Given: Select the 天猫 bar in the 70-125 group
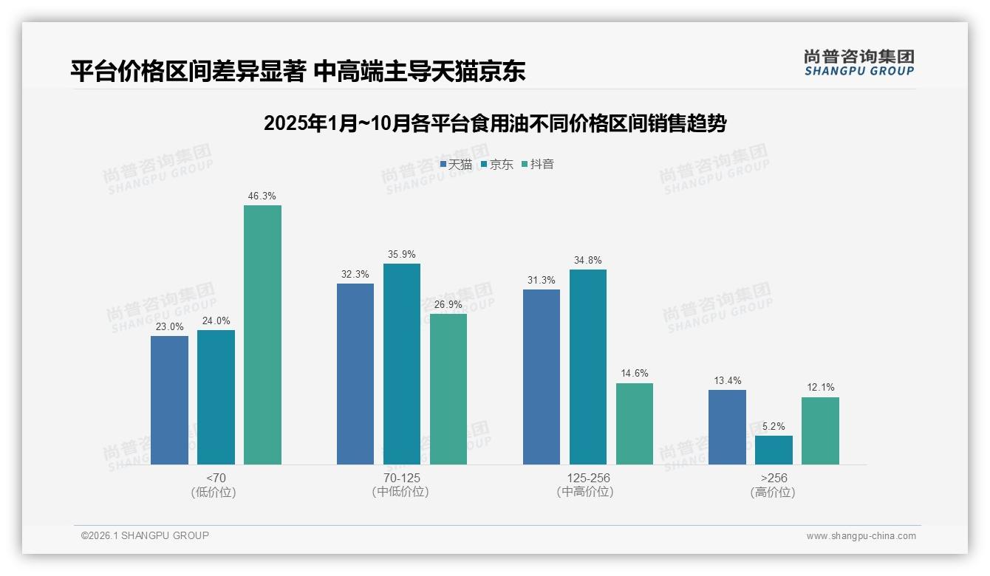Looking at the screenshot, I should [355, 374].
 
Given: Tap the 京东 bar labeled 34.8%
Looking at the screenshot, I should [587, 367].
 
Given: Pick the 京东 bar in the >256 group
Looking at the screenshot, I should [774, 450].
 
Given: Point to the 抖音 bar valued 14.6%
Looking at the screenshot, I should [634, 424].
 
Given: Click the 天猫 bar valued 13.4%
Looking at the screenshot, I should [727, 427].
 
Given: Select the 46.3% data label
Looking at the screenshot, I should [262, 196].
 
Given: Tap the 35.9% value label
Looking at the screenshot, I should [401, 255].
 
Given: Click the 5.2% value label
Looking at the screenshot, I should [774, 427].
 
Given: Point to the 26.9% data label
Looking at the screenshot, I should [448, 305].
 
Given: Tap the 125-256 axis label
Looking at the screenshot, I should [588, 478].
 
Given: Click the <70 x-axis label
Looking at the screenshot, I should [216, 478].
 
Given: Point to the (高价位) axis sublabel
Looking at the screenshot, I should [774, 492].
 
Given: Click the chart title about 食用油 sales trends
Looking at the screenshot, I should [495, 123].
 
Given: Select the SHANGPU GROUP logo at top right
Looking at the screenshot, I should [858, 63].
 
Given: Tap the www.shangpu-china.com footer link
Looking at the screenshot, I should [861, 536].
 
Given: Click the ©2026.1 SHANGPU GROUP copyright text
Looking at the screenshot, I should [145, 535].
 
